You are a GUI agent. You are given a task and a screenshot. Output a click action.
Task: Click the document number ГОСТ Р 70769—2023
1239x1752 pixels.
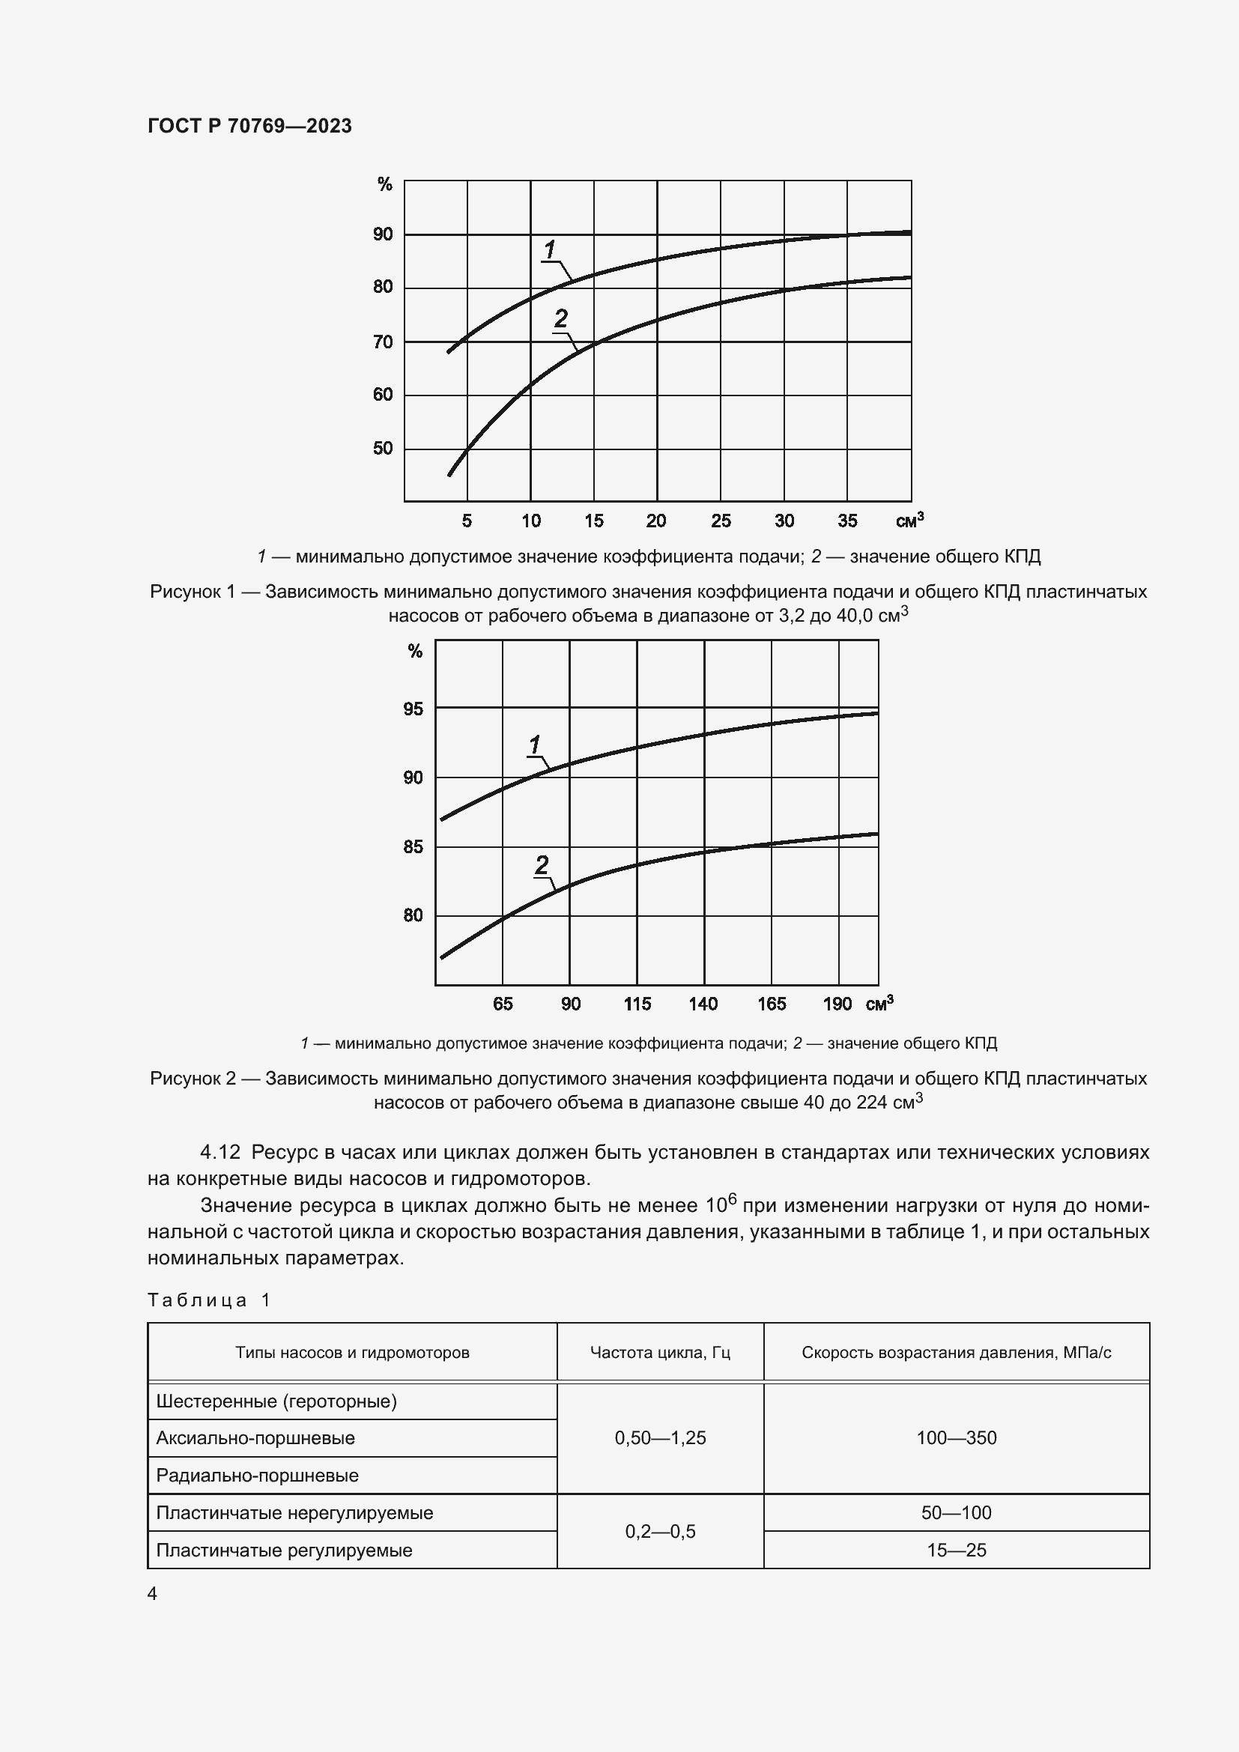coord(249,126)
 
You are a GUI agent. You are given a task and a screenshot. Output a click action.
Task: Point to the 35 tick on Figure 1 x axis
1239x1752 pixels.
coord(847,521)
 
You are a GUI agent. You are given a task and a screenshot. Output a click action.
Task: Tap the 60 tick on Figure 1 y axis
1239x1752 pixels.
coord(383,395)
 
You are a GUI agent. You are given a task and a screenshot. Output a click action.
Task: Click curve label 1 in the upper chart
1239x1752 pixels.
coord(550,249)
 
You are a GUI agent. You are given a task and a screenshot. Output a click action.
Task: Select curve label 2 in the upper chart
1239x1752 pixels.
coord(561,318)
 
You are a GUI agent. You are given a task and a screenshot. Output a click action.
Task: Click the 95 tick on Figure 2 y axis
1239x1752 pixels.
coord(413,709)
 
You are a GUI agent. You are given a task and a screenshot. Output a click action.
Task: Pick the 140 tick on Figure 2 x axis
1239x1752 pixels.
coord(703,1004)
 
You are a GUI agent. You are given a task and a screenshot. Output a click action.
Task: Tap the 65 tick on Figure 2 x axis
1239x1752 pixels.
coord(503,1004)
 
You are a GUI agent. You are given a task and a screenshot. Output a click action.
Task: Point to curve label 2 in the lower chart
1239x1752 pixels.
coord(542,864)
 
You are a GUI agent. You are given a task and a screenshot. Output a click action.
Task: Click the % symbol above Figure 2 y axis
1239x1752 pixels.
coord(415,651)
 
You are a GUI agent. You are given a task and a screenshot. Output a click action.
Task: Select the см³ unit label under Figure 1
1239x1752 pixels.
coord(909,521)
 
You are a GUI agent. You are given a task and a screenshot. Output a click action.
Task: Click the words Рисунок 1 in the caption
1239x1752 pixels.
coord(193,592)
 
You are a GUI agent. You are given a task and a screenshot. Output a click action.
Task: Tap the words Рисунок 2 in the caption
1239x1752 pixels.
coord(193,1078)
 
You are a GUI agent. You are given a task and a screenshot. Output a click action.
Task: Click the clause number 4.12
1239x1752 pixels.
coord(220,1151)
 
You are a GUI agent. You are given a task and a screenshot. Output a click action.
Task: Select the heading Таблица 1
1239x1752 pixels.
coord(209,1300)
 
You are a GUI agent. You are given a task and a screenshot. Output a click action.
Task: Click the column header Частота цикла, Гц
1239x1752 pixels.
coord(660,1352)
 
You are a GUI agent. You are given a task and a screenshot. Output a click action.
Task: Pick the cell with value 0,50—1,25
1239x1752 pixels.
coord(660,1437)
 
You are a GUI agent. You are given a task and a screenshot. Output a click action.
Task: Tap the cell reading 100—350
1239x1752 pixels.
coord(956,1437)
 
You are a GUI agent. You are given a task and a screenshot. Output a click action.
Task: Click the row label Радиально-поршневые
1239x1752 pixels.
coord(257,1475)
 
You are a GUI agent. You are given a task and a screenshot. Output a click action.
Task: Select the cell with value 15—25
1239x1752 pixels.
coord(956,1550)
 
